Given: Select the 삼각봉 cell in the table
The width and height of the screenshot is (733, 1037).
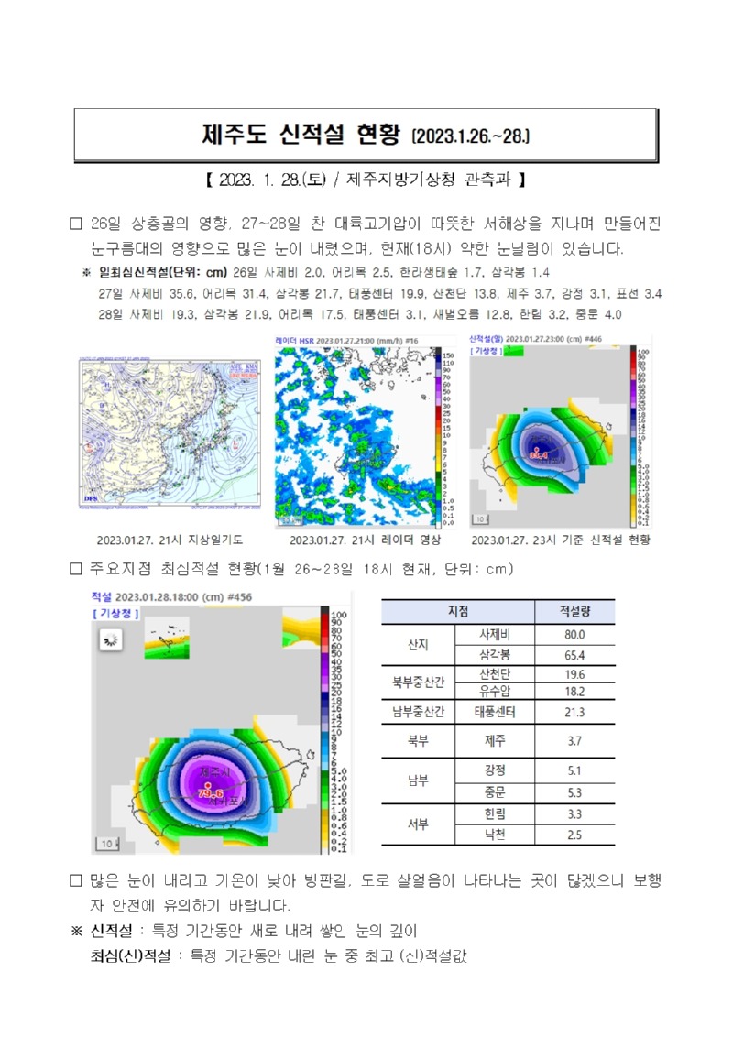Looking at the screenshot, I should (493, 655).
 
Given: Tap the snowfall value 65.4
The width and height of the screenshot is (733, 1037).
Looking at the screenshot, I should (575, 655).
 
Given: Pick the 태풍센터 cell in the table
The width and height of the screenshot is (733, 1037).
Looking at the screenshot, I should (493, 712).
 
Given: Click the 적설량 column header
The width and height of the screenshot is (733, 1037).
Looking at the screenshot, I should (575, 611).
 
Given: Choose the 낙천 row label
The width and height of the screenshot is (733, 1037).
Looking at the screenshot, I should (493, 834).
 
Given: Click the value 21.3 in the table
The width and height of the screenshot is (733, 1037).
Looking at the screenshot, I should (575, 712).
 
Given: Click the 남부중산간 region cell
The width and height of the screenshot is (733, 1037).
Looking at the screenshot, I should (418, 712).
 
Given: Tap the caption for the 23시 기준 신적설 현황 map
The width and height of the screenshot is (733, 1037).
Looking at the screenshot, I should (560, 540).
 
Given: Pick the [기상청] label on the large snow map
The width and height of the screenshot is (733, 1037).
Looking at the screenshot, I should (115, 612).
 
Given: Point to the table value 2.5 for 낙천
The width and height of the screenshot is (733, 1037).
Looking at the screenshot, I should (575, 834).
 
